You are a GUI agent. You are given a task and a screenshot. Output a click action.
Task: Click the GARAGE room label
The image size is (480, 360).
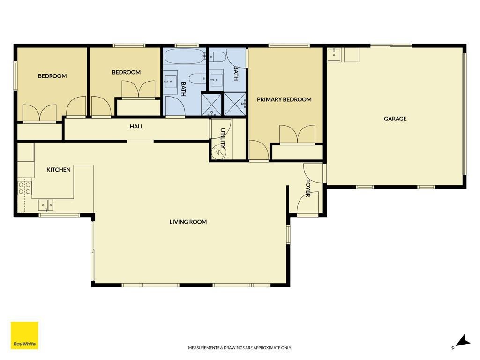click(395, 119)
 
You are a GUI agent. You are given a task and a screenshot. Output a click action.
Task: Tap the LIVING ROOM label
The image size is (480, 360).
click(188, 222)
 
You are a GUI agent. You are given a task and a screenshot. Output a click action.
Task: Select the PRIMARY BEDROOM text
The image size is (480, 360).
click(284, 99)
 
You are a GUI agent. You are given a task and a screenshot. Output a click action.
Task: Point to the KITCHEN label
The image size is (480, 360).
click(59, 170)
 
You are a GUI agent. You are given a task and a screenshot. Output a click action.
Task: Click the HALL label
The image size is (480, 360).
click(136, 127)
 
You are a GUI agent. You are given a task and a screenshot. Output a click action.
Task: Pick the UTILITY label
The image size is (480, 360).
click(223, 138)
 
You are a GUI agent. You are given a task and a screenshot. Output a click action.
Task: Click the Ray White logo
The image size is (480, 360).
click(24, 335)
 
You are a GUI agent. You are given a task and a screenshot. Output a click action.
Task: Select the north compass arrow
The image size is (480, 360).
click(461, 342)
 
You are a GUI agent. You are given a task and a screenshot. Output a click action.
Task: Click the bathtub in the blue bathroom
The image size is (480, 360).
click(185, 56)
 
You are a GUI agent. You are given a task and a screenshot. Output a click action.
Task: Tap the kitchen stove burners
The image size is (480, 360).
click(25, 188)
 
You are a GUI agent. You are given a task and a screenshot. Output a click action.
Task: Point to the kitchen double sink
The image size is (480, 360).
click(46, 205)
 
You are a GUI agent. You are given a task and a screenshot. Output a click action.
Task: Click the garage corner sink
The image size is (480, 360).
click(334, 55)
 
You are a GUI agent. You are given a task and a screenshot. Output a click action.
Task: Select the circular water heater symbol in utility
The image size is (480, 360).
click(218, 152)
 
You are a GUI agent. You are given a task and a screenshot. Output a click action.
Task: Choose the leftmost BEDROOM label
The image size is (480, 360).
click(52, 76)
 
